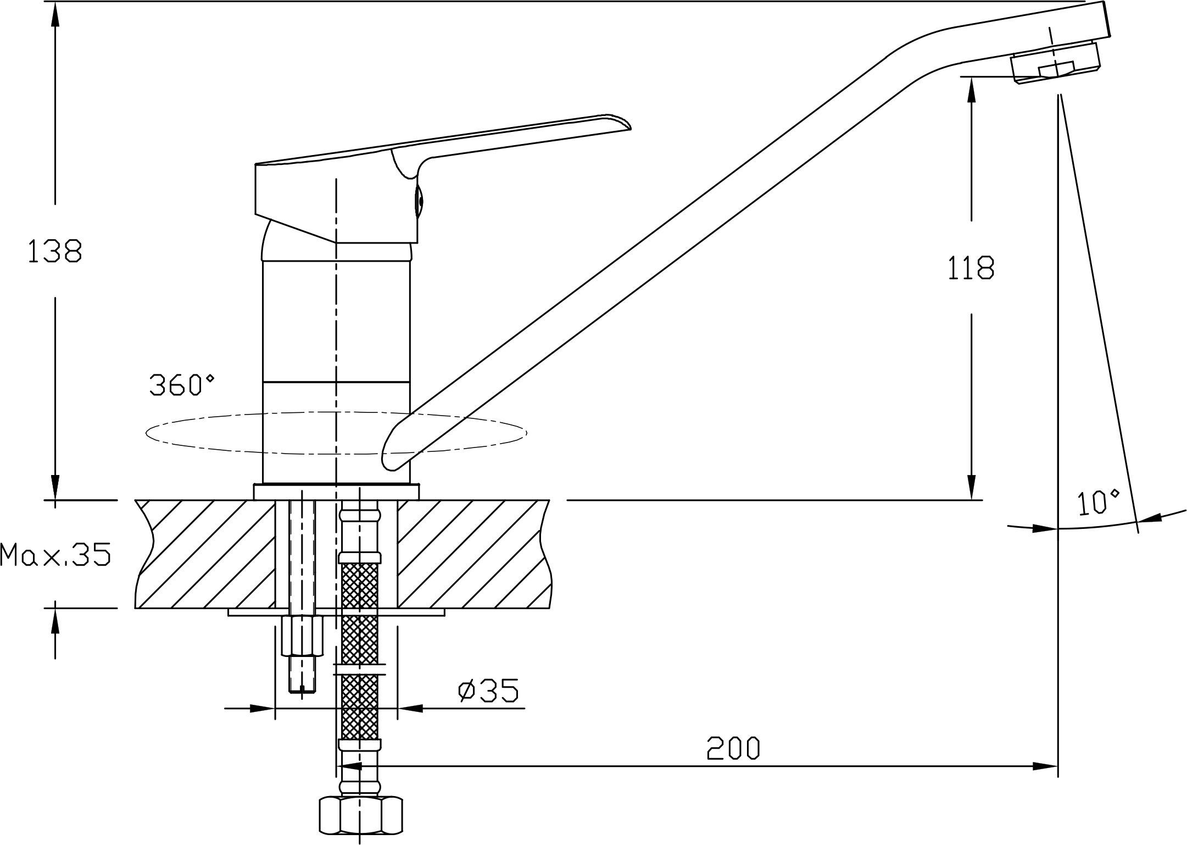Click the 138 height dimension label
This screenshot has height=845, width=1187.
55,251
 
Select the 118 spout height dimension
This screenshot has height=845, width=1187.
971,268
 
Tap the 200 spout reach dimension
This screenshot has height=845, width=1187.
733,748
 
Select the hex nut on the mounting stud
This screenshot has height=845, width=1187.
302,636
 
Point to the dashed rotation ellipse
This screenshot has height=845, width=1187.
336,454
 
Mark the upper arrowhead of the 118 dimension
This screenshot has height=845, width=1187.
971,90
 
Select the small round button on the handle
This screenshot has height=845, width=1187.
420,201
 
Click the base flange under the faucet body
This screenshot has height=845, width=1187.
336,491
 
